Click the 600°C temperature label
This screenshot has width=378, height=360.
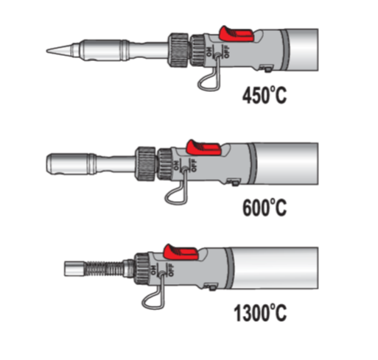(265, 207)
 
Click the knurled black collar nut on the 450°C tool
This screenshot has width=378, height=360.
(179, 47)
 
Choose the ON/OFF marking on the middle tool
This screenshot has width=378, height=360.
(181, 166)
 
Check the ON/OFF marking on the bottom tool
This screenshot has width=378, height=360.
(162, 271)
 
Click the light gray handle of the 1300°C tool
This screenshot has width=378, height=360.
(273, 267)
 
